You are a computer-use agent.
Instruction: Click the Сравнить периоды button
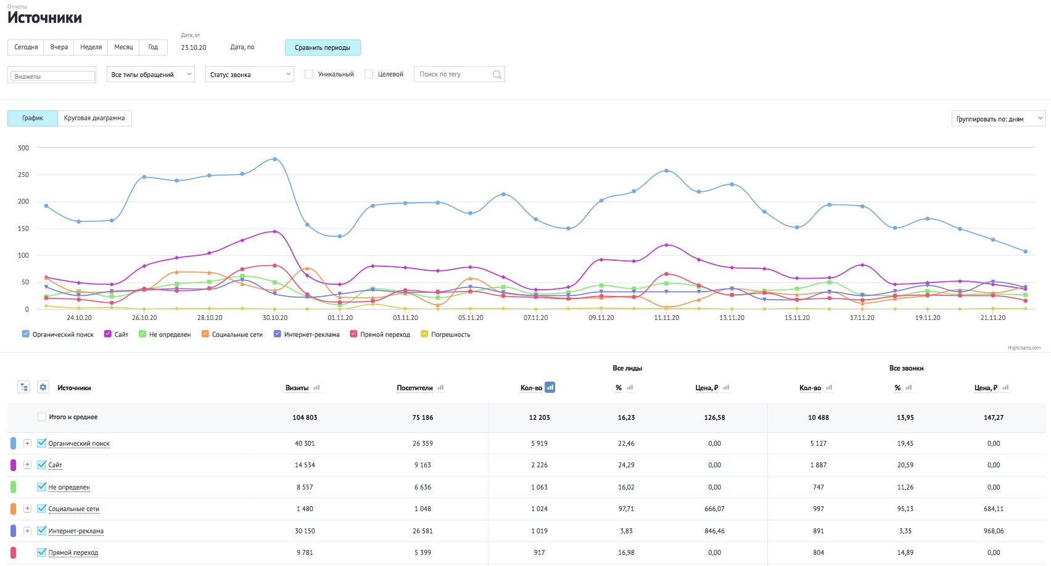[x=323, y=47]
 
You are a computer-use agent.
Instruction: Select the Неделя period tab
[x=91, y=47]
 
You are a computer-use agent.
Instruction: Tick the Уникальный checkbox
[x=309, y=74]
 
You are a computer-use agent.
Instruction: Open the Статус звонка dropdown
[x=250, y=74]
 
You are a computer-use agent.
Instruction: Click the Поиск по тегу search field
[x=459, y=74]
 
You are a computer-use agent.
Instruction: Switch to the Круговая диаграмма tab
[x=94, y=118]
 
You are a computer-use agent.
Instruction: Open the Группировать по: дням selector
[x=999, y=118]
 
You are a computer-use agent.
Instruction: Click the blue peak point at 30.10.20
[x=275, y=159]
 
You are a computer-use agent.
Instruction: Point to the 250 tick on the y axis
[x=23, y=174]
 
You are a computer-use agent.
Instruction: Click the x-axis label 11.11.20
[x=666, y=318]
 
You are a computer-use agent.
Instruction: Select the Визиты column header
[x=297, y=388]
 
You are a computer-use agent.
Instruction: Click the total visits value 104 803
[x=305, y=417]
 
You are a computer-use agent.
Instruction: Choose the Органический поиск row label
[x=79, y=443]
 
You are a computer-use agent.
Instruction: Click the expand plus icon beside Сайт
[x=27, y=465]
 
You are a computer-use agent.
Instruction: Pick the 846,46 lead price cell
[x=714, y=531]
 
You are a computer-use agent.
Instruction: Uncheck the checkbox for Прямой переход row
[x=41, y=552]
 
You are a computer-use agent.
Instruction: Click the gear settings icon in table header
[x=43, y=387]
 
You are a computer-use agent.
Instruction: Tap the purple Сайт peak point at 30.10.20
[x=275, y=231]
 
